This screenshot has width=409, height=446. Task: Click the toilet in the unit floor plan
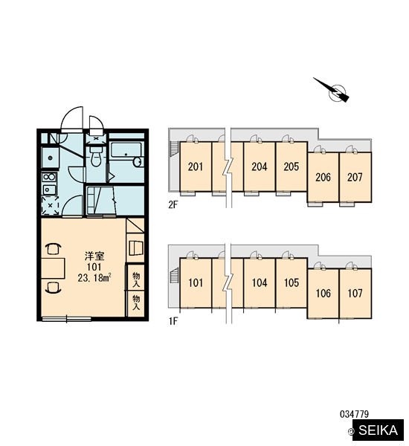tap(96, 156)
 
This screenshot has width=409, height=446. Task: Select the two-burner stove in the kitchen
tap(49, 177)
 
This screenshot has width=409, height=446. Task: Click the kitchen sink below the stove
tap(49, 189)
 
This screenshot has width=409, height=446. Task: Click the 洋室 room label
tap(94, 256)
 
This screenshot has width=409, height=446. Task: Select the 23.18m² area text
tap(94, 277)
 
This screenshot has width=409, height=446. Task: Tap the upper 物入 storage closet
tap(136, 278)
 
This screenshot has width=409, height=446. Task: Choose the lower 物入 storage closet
tap(136, 303)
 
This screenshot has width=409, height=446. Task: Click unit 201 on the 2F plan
tap(196, 167)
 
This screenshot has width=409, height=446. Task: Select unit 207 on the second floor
tap(355, 177)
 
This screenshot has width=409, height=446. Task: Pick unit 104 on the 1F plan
tap(260, 282)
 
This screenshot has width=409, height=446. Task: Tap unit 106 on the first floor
tap(323, 294)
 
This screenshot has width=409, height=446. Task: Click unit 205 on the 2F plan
tap(292, 167)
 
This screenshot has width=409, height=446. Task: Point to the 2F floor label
tap(173, 205)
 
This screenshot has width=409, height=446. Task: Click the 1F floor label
tap(173, 321)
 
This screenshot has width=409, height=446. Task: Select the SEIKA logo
tap(378, 430)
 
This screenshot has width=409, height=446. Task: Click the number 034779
tap(355, 414)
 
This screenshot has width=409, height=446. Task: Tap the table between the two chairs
tap(53, 268)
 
